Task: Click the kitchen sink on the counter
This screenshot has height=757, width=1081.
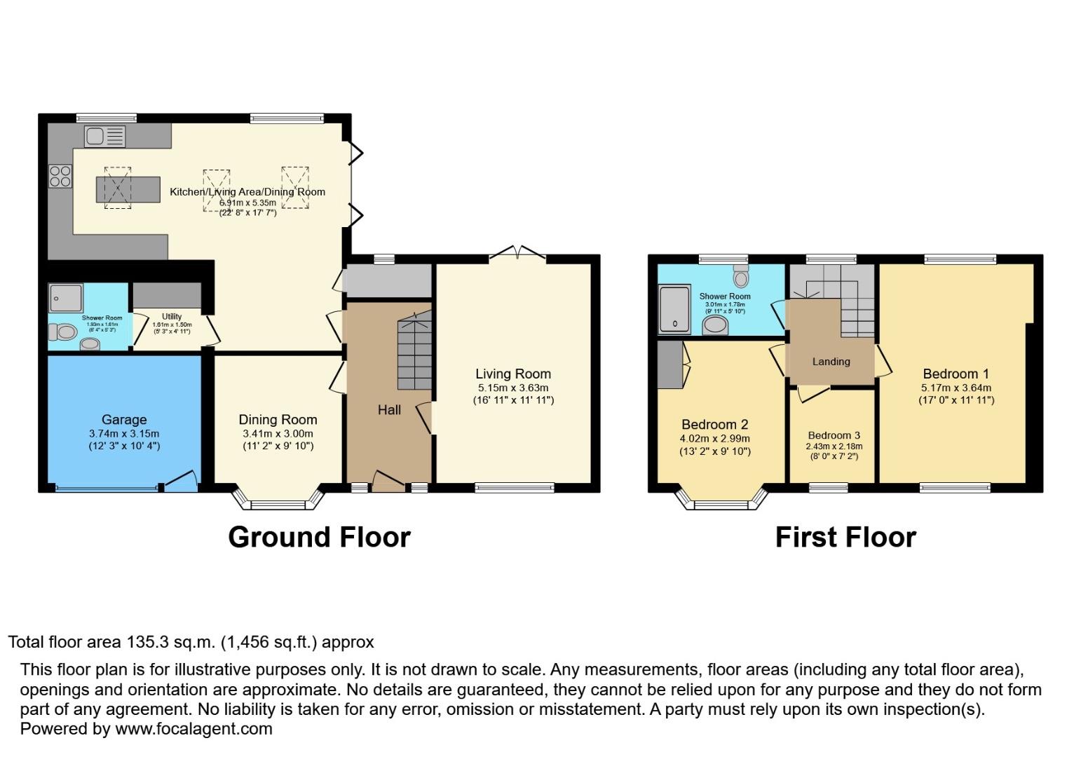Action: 105,136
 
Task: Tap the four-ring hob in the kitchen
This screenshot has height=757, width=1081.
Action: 60,175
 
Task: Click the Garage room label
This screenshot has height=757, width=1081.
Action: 124,420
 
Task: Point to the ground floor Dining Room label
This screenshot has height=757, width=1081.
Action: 278,420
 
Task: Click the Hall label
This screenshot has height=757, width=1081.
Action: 389,410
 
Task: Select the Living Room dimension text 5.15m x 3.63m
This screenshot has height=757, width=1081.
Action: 513,388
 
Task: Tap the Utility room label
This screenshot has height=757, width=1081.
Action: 172,317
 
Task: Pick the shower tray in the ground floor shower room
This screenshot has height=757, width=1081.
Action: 66,298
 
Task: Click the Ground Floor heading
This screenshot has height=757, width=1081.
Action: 319,538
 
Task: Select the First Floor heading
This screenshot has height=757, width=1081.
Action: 845,538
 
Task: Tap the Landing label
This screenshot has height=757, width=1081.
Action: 831,362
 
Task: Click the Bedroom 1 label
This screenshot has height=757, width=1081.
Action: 956,374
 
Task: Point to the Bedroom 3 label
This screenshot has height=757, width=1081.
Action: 834,435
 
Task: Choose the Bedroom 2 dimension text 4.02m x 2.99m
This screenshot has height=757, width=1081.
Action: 714,439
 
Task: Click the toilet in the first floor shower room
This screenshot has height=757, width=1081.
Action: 741,277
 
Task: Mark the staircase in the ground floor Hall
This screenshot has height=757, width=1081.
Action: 415,354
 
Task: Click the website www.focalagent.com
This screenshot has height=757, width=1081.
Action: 193,729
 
